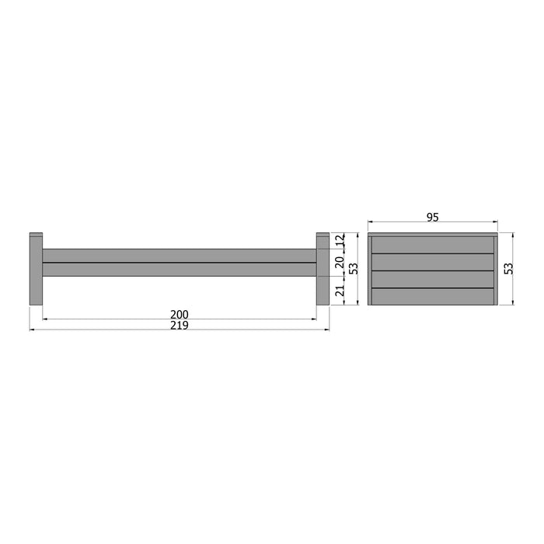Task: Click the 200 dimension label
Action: click(x=180, y=314)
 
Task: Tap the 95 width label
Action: click(x=433, y=218)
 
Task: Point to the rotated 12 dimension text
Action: click(x=340, y=242)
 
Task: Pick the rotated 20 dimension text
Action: click(x=340, y=263)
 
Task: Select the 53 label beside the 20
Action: click(x=354, y=268)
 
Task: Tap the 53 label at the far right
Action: click(x=509, y=268)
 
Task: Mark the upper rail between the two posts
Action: click(x=179, y=256)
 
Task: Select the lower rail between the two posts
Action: click(x=179, y=270)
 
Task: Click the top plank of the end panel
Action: click(x=433, y=245)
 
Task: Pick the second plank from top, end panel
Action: click(x=433, y=262)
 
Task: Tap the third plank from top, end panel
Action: click(x=433, y=279)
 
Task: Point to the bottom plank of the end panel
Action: click(x=433, y=296)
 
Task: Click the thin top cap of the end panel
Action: click(x=433, y=233)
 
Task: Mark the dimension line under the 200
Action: click(x=180, y=319)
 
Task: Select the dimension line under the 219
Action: click(x=180, y=330)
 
